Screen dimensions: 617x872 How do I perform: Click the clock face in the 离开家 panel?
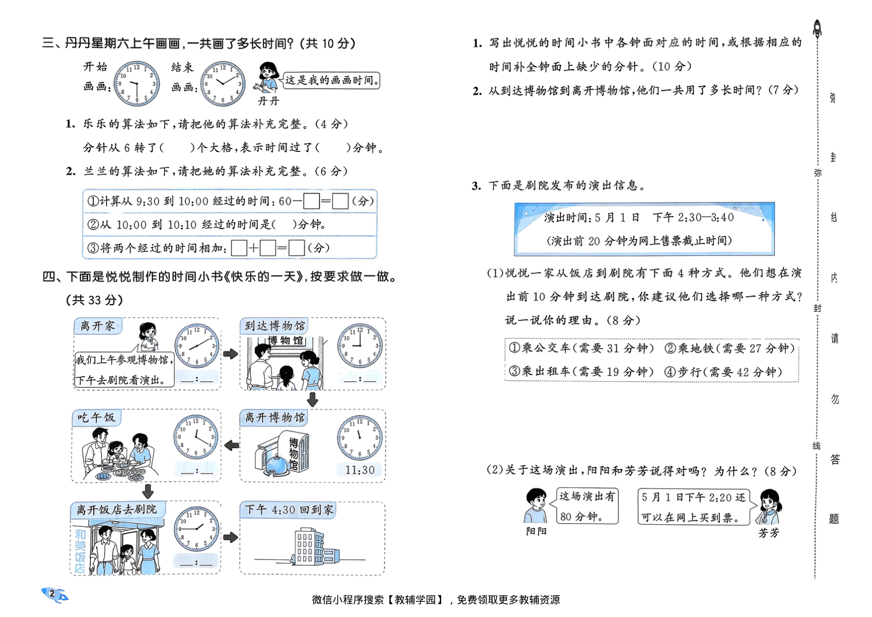click(196, 346)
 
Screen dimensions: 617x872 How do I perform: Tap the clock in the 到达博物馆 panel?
click(360, 346)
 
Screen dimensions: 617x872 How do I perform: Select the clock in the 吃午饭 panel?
click(196, 437)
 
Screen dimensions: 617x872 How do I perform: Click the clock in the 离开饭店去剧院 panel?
click(196, 529)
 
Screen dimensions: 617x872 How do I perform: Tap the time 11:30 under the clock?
click(360, 470)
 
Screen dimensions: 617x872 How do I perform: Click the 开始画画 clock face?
click(136, 84)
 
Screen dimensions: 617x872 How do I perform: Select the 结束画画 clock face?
click(223, 84)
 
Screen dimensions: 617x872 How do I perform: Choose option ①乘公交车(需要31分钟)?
click(582, 348)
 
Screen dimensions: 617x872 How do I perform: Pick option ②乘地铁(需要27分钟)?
click(730, 348)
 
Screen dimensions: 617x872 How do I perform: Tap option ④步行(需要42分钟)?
click(723, 372)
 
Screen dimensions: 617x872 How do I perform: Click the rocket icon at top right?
click(817, 28)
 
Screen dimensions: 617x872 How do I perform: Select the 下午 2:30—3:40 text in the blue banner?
click(693, 218)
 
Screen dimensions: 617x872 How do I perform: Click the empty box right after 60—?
click(311, 201)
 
